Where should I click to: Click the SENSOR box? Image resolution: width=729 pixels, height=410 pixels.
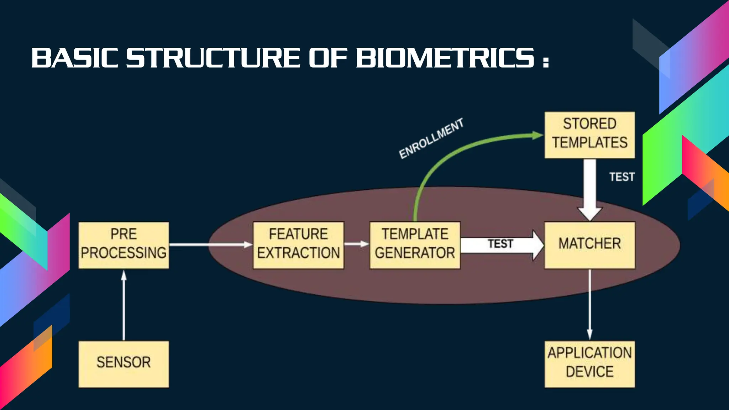(124, 364)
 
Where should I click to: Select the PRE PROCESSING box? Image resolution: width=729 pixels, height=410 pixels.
(124, 245)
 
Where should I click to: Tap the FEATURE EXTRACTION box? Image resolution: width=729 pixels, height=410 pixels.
(298, 245)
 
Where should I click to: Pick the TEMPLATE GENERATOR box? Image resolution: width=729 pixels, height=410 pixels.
(415, 245)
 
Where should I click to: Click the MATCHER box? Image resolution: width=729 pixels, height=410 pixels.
(589, 245)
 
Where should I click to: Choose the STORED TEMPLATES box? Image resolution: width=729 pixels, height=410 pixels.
(589, 135)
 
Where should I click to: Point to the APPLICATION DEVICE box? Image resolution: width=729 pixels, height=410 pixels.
(589, 364)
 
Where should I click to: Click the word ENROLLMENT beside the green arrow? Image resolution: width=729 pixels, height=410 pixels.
(431, 138)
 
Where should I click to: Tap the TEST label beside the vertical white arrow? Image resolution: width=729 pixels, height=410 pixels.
(622, 177)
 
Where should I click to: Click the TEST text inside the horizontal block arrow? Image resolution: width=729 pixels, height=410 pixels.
(500, 244)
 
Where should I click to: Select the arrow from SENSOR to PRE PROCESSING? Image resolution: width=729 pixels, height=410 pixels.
(124, 306)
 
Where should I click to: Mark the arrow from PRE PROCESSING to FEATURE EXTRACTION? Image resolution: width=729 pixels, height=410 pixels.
(210, 245)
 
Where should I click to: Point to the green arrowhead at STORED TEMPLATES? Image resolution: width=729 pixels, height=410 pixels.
(537, 135)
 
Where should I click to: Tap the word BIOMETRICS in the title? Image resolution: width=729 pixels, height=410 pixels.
(445, 58)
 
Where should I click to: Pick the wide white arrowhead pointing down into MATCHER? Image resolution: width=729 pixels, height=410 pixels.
(590, 213)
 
